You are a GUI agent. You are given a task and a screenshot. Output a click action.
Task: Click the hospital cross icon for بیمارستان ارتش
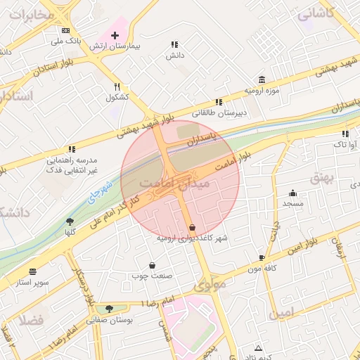(115, 34)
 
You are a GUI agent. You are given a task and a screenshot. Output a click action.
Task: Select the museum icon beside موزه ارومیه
(262, 79)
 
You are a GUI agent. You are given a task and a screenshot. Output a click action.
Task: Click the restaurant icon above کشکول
(117, 86)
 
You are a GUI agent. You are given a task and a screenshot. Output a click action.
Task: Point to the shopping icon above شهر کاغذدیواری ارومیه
(193, 227)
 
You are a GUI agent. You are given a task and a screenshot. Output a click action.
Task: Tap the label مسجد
(292, 202)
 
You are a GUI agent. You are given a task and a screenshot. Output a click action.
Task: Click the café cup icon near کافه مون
(262, 257)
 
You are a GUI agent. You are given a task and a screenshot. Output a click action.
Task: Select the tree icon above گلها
(69, 221)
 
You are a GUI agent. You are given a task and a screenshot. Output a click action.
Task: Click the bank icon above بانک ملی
(65, 30)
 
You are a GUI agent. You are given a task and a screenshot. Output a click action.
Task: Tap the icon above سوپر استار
(32, 271)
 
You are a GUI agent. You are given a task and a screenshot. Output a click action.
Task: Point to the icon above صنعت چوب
(152, 264)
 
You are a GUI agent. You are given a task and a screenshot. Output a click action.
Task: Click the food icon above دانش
(174, 44)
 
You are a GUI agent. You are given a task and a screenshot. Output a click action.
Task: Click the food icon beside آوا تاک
(345, 134)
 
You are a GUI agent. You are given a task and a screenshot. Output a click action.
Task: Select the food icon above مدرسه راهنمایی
(71, 149)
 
